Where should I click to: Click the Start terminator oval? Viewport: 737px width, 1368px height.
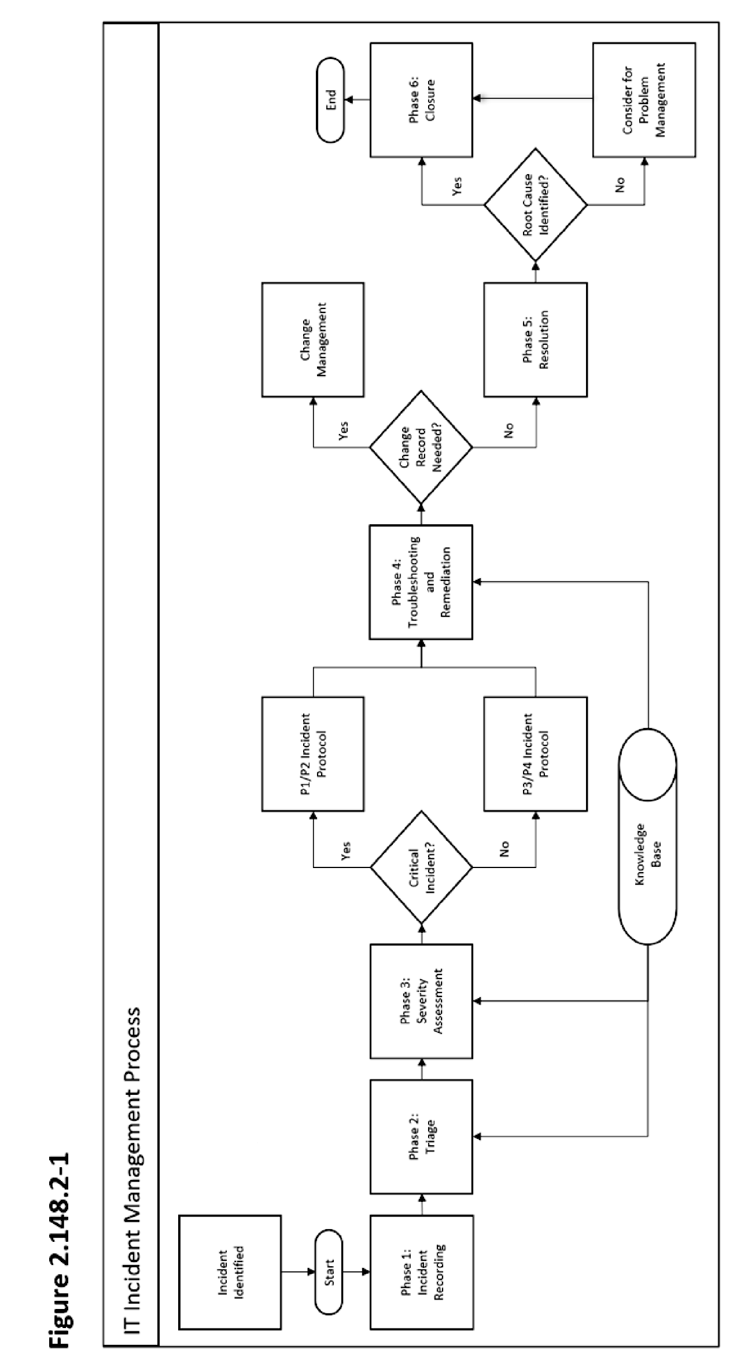(x=329, y=1271)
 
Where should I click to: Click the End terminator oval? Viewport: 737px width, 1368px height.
(x=330, y=100)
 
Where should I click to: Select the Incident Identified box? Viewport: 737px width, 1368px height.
(x=230, y=1271)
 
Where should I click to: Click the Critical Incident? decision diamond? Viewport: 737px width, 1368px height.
(x=421, y=867)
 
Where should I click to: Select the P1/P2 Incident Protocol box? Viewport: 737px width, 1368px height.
(x=313, y=753)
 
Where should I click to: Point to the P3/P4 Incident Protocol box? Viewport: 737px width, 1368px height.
(x=535, y=753)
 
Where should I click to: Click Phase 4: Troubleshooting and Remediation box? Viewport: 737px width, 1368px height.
(x=421, y=582)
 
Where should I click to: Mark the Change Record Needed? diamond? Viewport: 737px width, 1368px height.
(x=421, y=447)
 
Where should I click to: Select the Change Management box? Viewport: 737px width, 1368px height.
(x=313, y=340)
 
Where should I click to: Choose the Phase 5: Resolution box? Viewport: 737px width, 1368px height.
(x=535, y=340)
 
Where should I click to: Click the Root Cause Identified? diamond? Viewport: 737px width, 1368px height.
(x=535, y=205)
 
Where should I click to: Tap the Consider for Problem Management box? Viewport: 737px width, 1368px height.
(x=644, y=100)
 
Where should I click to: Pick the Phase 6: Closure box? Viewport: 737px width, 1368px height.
(x=421, y=100)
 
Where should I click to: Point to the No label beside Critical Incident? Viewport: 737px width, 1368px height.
(x=504, y=849)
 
